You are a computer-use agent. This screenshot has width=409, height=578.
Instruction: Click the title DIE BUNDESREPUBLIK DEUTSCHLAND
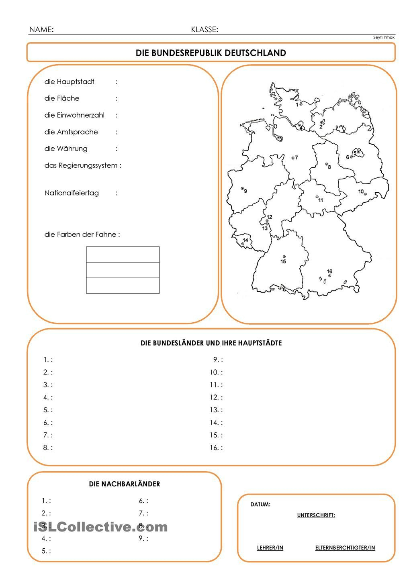(x=211, y=53)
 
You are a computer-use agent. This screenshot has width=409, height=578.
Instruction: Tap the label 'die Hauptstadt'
(x=69, y=82)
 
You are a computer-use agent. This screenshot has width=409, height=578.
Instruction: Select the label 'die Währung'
(x=66, y=149)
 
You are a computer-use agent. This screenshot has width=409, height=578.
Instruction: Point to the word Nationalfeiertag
(x=72, y=193)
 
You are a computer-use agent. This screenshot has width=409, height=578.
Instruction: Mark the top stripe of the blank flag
(x=123, y=254)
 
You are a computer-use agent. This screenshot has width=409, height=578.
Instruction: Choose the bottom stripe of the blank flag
(x=123, y=285)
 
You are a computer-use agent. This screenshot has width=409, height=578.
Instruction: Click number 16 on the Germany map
(x=329, y=272)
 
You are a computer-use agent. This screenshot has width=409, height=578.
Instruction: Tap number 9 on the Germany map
(x=245, y=191)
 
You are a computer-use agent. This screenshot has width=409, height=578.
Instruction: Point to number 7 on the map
(x=297, y=158)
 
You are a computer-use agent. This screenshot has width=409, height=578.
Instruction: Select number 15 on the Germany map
(x=283, y=262)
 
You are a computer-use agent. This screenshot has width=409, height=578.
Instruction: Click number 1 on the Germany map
(x=297, y=105)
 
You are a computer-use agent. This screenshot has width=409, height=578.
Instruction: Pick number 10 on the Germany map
(x=361, y=191)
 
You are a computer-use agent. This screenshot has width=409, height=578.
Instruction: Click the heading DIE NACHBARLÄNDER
(x=124, y=484)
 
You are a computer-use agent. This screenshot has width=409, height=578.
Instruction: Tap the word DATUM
(x=260, y=505)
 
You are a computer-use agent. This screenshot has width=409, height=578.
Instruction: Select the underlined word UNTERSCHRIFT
(x=316, y=515)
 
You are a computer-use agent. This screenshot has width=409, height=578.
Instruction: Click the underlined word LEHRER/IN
(x=270, y=548)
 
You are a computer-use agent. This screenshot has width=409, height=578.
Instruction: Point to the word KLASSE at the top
(x=204, y=30)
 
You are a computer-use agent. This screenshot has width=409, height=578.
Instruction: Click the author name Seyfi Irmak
(x=384, y=37)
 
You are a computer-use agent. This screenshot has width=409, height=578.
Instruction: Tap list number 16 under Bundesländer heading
(x=215, y=448)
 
